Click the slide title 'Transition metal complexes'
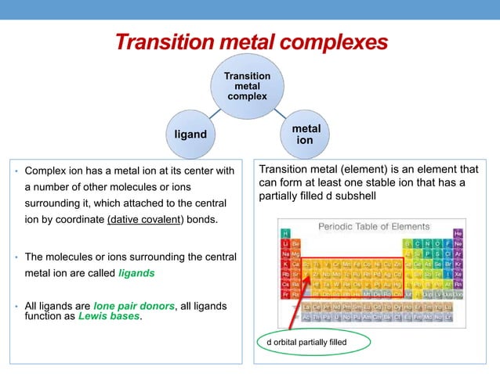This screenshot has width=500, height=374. pyautogui.click(x=250, y=41)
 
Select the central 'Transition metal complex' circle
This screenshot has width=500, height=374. pyautogui.click(x=248, y=86)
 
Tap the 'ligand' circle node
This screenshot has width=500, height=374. pyautogui.click(x=190, y=135)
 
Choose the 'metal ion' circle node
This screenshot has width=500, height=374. pyautogui.click(x=305, y=134)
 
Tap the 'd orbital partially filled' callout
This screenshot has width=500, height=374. pyautogui.click(x=306, y=342)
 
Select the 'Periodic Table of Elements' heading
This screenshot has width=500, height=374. pyautogui.click(x=373, y=226)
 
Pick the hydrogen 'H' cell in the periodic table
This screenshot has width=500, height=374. pyautogui.click(x=286, y=233)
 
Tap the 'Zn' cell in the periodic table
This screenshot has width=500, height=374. pyautogui.click(x=400, y=264)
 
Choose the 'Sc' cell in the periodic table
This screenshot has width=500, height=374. pyautogui.click(x=306, y=264)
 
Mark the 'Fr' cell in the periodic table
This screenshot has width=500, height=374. pyautogui.click(x=286, y=295)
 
